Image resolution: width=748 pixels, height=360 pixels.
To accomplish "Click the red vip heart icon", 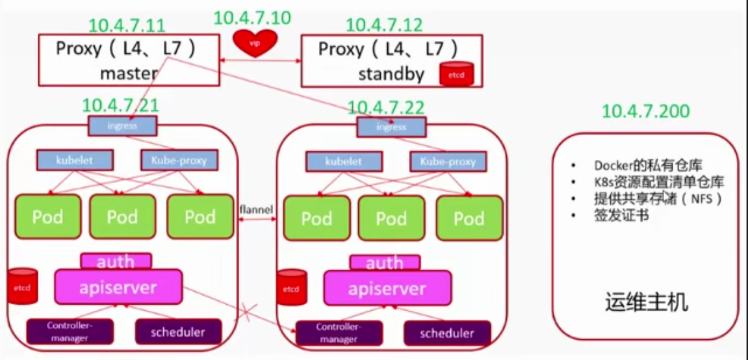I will click(x=255, y=44).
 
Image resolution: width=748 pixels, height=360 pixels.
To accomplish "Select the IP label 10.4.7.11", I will click(x=127, y=26).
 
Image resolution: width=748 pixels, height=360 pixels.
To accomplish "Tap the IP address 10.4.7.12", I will click(x=384, y=25).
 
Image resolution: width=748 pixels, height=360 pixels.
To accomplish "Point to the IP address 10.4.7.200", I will click(x=646, y=111).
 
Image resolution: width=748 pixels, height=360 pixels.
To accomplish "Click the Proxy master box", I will click(x=129, y=60).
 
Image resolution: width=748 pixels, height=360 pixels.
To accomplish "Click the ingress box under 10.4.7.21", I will click(x=122, y=125).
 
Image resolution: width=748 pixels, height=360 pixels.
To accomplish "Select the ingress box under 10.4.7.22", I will click(x=391, y=127).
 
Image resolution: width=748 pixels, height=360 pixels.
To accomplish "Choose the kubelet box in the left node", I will click(x=75, y=159).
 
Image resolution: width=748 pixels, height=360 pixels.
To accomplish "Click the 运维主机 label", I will click(x=645, y=303).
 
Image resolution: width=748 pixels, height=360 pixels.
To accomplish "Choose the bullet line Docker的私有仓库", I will click(x=647, y=165).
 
